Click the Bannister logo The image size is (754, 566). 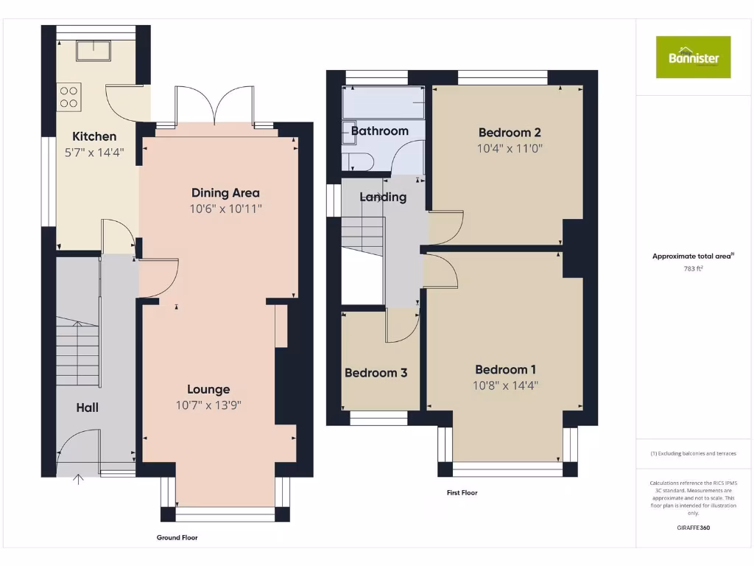(693, 57)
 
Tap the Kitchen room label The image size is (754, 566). (94, 136)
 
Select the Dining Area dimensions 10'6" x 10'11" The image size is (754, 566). (226, 209)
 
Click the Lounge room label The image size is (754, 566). (208, 389)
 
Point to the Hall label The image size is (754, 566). (87, 408)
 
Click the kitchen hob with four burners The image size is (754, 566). (69, 97)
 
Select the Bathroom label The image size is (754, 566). (379, 131)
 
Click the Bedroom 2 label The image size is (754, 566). (510, 133)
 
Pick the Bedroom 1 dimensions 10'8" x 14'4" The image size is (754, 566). (506, 385)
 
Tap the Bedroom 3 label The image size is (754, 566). (376, 373)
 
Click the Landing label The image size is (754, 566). (382, 197)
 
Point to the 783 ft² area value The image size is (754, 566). (693, 269)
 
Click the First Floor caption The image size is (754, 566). (462, 492)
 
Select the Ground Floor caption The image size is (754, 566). (177, 538)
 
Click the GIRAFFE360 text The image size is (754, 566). (693, 528)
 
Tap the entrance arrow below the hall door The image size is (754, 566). (79, 480)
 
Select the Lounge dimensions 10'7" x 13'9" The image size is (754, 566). (208, 405)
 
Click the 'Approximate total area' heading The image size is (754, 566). (693, 256)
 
